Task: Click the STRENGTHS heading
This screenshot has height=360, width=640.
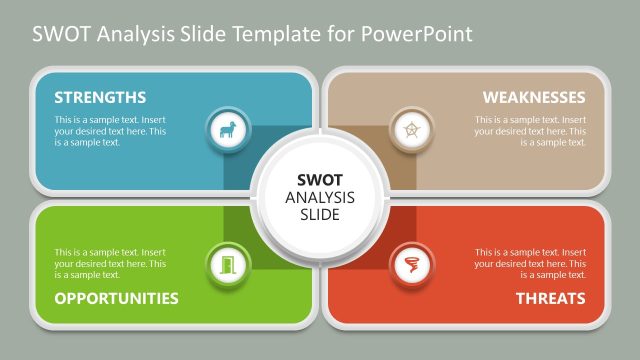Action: (x=100, y=97)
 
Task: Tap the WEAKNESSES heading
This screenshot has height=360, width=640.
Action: (x=534, y=97)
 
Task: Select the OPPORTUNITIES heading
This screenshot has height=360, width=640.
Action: (x=116, y=298)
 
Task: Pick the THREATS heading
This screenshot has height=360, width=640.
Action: (x=550, y=298)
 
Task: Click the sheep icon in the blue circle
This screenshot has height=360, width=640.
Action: (x=225, y=129)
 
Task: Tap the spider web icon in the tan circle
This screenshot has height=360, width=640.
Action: (x=410, y=129)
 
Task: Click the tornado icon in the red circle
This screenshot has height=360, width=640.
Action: (x=410, y=266)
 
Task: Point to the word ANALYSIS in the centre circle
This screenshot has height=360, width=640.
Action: (x=319, y=196)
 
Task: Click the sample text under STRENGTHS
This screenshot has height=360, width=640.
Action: (x=110, y=131)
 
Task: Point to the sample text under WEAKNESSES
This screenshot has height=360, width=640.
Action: (x=530, y=131)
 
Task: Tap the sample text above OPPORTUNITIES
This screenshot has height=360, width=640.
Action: (x=110, y=263)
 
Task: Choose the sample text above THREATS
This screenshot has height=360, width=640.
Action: (x=530, y=263)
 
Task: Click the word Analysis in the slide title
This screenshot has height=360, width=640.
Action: (x=125, y=35)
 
